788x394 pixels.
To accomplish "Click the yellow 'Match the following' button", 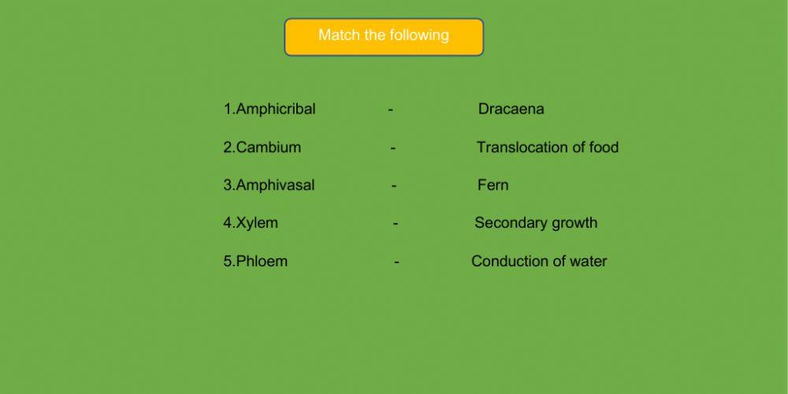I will [384, 37].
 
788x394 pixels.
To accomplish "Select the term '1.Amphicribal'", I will [269, 110].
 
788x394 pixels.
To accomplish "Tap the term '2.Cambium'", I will [262, 147].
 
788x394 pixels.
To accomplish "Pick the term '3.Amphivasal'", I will [269, 185].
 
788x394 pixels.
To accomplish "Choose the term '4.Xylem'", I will [251, 223].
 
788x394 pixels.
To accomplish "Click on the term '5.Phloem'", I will [255, 262].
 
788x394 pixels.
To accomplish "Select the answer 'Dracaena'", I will [511, 110].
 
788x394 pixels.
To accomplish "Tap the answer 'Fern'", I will [492, 185].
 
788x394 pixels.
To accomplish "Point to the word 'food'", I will [604, 147].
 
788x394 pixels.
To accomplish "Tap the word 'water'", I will [588, 262].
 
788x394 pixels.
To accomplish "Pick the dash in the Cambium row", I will [393, 148].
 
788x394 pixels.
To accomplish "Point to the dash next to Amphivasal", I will [394, 186].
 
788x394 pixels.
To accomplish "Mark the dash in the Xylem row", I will [396, 224].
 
